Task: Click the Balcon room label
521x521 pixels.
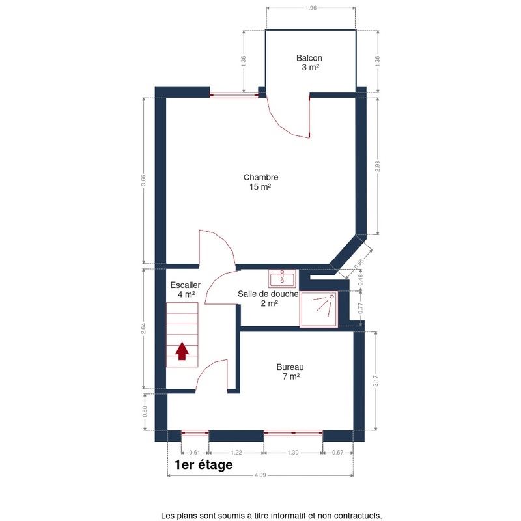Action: click(x=309, y=63)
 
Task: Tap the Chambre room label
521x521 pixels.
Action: click(x=260, y=182)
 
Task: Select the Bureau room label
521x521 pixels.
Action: click(x=290, y=372)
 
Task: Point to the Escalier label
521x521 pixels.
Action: click(x=186, y=289)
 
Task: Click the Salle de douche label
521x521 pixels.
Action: click(x=268, y=298)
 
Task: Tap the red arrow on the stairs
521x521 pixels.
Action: click(x=182, y=351)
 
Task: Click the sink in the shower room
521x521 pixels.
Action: click(x=283, y=279)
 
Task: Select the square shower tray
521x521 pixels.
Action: click(x=318, y=309)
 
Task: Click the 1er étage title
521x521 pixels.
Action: click(x=204, y=464)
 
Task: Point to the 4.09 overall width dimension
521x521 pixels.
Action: click(x=260, y=475)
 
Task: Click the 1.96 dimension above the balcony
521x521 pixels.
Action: click(x=311, y=8)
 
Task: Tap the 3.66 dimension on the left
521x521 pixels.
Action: click(x=143, y=180)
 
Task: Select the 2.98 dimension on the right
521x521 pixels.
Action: click(x=377, y=166)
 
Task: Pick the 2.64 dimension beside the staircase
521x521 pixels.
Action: click(x=143, y=328)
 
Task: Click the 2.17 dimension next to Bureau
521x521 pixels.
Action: click(x=376, y=381)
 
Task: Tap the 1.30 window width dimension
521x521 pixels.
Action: click(x=292, y=452)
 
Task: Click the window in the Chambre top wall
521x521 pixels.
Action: click(x=234, y=95)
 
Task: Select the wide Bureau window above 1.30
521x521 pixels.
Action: click(x=293, y=433)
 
